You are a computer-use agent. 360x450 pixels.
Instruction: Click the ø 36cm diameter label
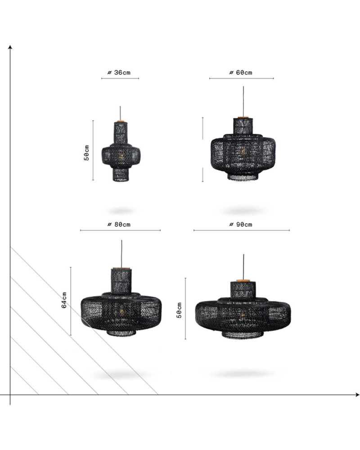119,72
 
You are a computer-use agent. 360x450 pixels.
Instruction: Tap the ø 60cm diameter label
241,72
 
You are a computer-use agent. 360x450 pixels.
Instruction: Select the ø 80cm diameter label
119,225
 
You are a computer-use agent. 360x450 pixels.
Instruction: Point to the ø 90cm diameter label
241,225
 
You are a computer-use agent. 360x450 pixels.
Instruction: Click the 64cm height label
64,300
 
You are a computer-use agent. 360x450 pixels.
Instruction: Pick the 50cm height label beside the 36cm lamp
86,153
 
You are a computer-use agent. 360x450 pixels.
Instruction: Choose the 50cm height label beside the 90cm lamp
179,310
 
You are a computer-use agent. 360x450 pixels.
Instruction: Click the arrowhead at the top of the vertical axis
10,47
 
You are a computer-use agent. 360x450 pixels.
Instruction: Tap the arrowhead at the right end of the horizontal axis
357,395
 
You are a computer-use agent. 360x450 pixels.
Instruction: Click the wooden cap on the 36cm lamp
120,121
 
